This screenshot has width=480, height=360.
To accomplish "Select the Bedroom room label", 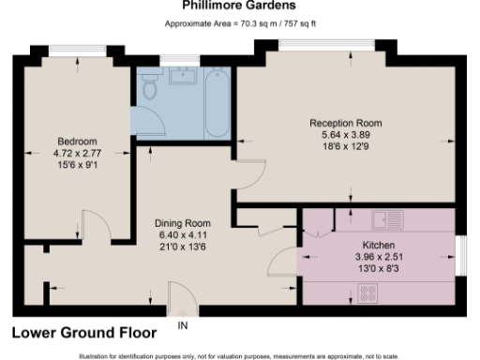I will (77, 142).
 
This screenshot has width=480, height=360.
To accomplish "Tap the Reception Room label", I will (347, 123).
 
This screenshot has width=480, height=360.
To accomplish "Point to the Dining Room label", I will (181, 222).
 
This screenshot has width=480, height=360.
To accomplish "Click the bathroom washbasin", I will (181, 78).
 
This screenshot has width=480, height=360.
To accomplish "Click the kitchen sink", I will (387, 221).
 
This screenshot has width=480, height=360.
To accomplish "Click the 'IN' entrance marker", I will (184, 325).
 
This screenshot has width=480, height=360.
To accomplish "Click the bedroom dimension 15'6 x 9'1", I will (77, 165).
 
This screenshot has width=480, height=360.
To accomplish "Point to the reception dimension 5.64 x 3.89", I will (347, 134).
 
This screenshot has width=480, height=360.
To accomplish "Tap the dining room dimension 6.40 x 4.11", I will (181, 233).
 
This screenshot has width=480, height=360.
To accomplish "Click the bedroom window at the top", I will (76, 52).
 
